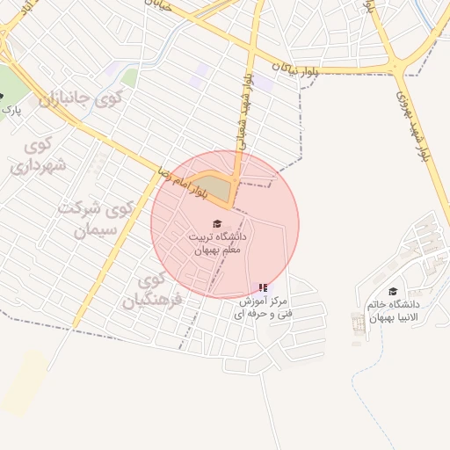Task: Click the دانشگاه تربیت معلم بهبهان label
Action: point(219,243)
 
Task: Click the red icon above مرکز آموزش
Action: point(264,287)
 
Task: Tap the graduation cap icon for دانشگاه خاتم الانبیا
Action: point(393,292)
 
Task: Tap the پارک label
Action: point(11,111)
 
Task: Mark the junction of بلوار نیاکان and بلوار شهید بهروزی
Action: point(398,69)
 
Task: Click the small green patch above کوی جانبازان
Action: point(129,77)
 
